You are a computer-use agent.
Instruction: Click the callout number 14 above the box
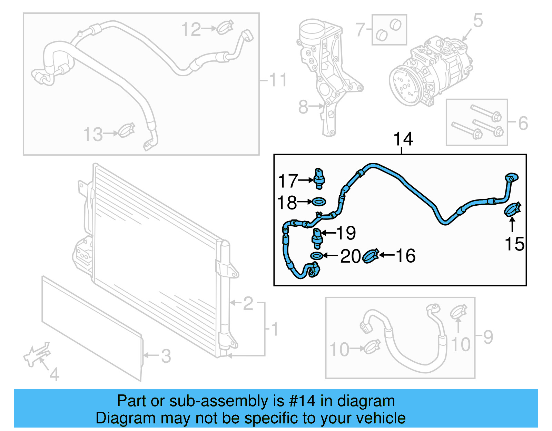403,139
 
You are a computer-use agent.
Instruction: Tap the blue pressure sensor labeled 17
319,178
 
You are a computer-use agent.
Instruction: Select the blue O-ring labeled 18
319,201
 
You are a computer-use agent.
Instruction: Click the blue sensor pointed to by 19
317,238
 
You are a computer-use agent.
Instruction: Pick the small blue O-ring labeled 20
316,256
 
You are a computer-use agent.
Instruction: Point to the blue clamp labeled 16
371,256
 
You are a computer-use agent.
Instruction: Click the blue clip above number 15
512,209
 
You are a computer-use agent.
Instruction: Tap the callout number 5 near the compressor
477,21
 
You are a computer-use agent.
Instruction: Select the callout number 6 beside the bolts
523,123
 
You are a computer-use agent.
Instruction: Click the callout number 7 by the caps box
360,30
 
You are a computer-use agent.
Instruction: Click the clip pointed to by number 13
127,131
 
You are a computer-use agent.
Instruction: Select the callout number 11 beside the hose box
278,80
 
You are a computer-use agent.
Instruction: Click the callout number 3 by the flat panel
166,356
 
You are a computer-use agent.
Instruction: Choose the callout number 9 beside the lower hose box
488,337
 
